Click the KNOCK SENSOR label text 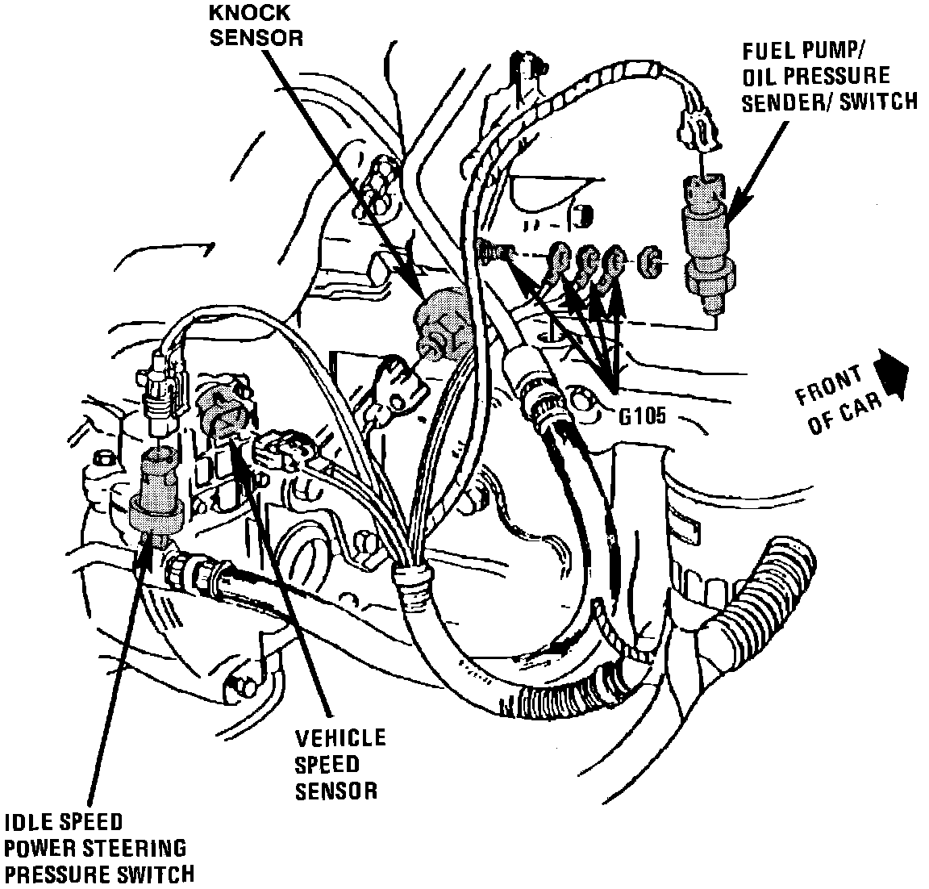point(256,25)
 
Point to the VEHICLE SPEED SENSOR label point(340,763)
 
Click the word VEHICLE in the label point(340,737)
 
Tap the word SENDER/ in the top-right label point(783,102)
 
